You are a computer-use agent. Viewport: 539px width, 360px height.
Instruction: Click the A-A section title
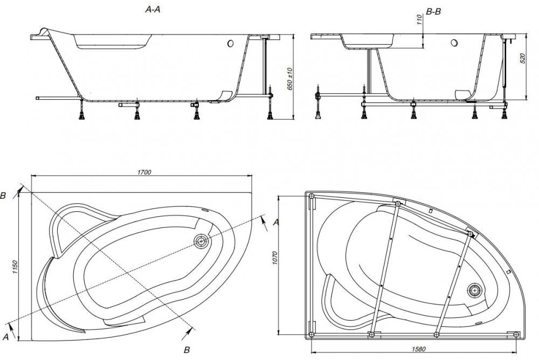[x=153, y=10]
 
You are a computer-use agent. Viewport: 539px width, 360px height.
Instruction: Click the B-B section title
[x=433, y=12]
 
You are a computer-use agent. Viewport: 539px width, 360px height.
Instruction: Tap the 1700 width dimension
[x=144, y=172]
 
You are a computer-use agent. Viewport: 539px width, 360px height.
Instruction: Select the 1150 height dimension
[x=15, y=267]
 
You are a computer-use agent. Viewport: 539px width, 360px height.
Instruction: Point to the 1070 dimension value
[x=275, y=258]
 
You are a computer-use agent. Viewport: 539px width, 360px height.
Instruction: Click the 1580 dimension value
[x=418, y=349]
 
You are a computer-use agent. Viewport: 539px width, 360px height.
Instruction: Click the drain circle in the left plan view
[x=201, y=241]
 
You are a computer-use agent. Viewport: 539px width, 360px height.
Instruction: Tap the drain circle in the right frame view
[x=474, y=290]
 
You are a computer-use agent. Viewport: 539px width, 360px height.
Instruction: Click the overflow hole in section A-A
[x=230, y=44]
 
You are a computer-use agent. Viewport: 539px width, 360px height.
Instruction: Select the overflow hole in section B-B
[x=454, y=43]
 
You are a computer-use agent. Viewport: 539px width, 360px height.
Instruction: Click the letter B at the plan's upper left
[x=3, y=196]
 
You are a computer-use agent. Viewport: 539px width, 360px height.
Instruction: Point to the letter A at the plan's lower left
[x=5, y=337]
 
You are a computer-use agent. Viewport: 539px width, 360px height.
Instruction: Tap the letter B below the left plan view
[x=186, y=350]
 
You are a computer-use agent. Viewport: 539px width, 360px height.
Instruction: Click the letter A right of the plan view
[x=275, y=223]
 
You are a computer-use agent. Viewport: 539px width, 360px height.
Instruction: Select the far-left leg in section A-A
[x=81, y=109]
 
